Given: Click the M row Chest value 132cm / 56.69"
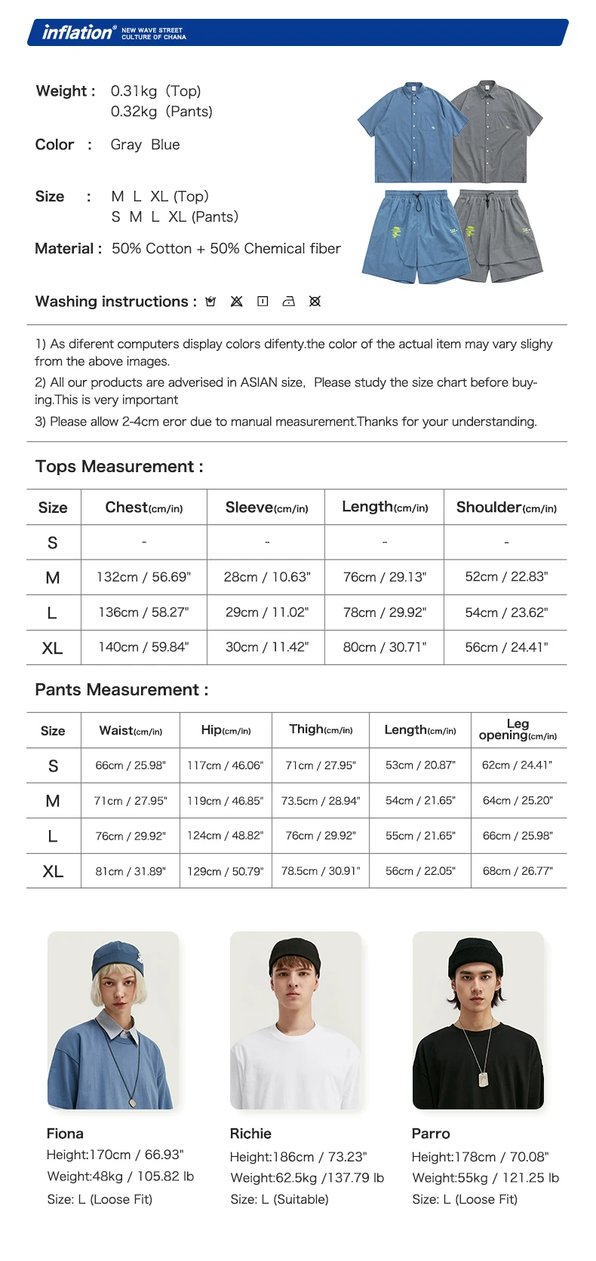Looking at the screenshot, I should coord(143,577).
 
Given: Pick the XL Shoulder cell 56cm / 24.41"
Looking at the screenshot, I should coord(506,647).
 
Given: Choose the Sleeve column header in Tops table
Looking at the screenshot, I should coord(266,508).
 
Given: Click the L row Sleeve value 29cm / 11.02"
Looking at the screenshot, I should coord(266,612).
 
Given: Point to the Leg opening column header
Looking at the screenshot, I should coord(518,729).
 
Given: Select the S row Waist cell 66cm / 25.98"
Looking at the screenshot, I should coord(131,765).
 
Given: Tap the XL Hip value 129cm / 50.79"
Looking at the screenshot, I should coord(225,871).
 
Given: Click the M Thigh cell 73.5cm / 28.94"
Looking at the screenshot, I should coord(321,801).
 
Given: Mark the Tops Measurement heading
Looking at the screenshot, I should coord(119,467).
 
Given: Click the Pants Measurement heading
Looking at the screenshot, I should coord(121,690).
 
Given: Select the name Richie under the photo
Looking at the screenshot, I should coord(250,1134).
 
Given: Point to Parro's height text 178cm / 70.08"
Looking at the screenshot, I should coord(480,1157).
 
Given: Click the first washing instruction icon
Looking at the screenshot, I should coord(210,302).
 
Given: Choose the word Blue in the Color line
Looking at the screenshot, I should coord(165,145).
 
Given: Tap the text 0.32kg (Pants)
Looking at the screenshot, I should coord(161,112).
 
